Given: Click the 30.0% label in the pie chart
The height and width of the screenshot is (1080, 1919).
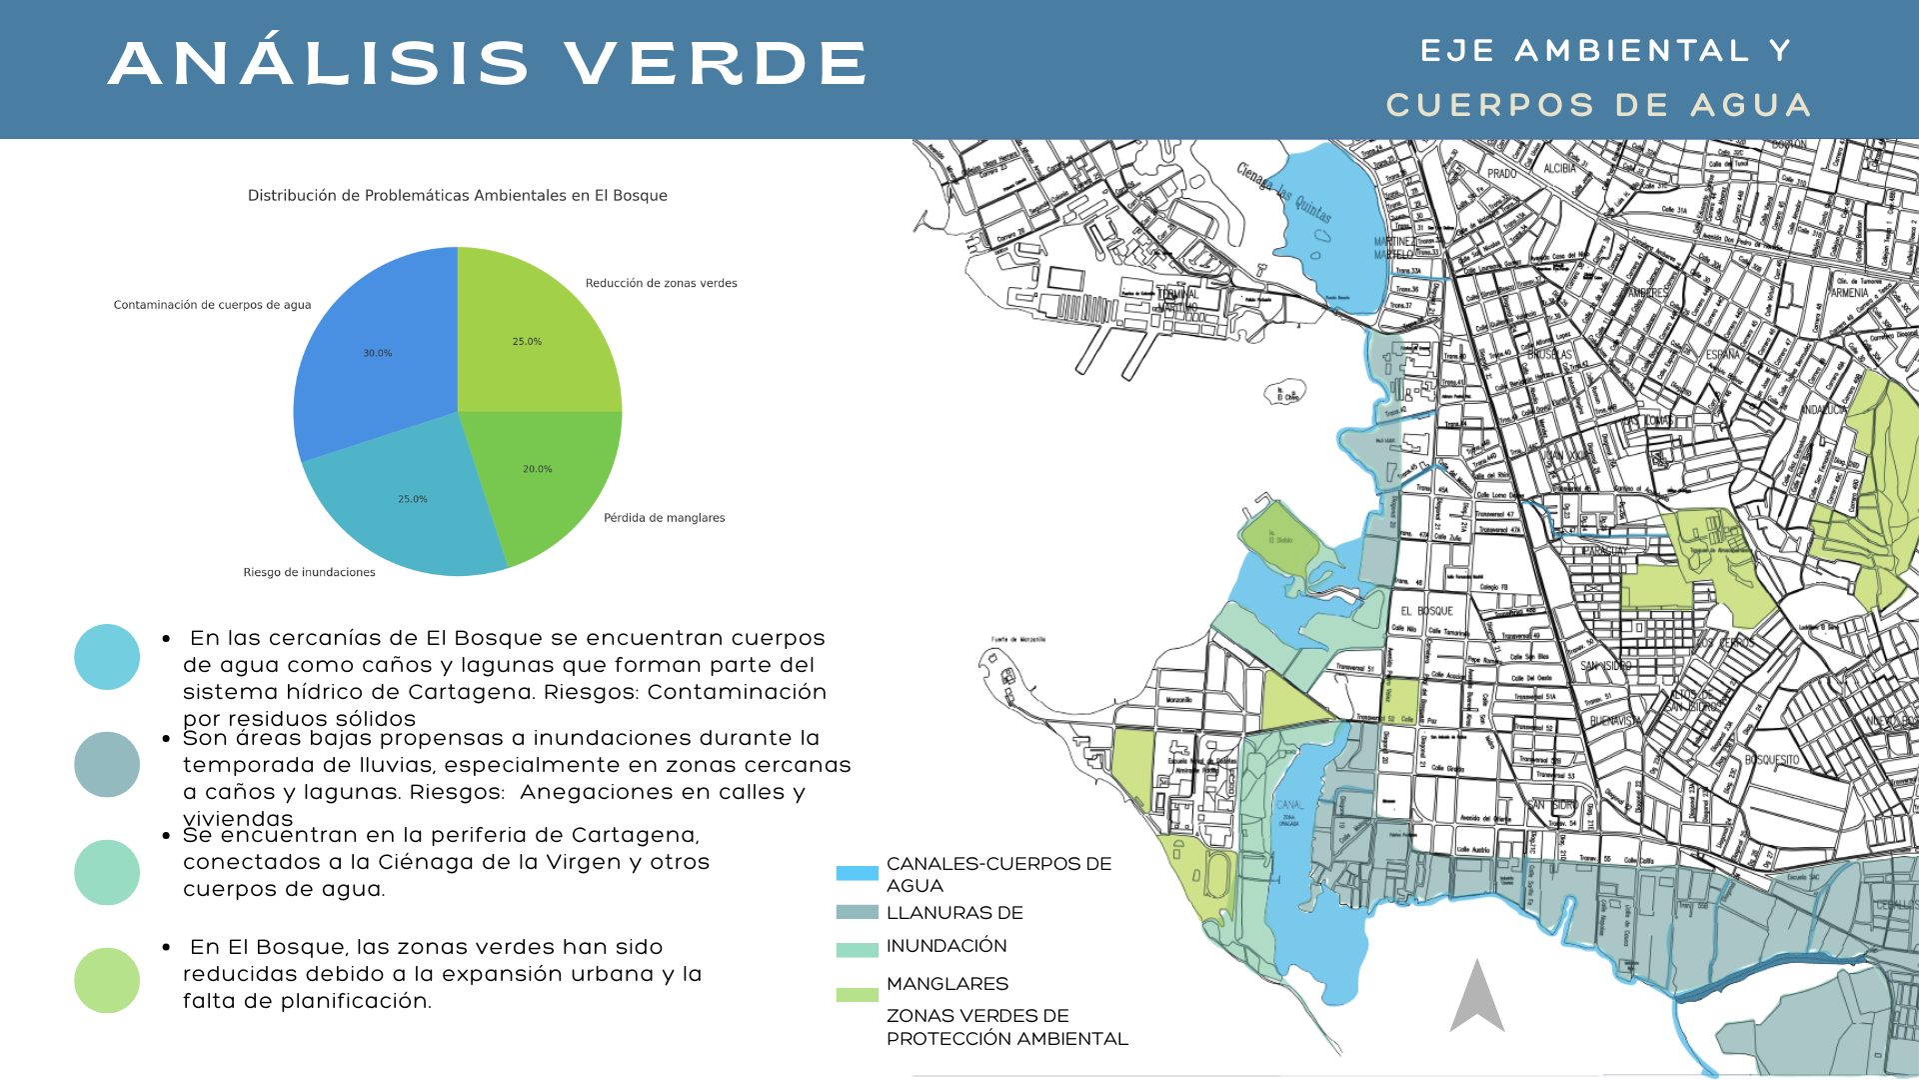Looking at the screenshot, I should [x=377, y=353].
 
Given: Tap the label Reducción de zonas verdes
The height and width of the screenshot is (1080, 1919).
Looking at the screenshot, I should [x=661, y=283].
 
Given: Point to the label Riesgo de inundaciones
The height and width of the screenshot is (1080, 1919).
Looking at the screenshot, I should [x=309, y=572].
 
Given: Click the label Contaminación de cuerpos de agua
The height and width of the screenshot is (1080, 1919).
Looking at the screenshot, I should [x=212, y=305].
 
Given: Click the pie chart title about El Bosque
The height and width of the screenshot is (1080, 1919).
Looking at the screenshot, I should [x=457, y=195].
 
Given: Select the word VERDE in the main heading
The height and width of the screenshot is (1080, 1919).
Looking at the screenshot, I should [x=716, y=63].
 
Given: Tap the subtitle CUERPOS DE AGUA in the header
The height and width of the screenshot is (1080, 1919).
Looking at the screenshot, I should [x=1598, y=105].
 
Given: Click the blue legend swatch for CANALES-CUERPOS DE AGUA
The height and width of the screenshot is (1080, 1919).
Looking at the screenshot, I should [x=857, y=873].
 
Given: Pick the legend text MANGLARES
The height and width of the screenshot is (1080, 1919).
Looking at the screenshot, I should [x=947, y=983].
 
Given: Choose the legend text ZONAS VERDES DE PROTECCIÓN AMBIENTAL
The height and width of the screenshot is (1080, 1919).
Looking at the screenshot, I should [x=1005, y=1027].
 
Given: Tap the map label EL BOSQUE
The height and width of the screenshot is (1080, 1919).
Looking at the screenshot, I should [x=1426, y=610].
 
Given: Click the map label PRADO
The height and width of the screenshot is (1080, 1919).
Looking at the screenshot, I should [x=1501, y=174].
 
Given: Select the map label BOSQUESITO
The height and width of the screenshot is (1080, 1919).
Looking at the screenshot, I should [x=1771, y=760].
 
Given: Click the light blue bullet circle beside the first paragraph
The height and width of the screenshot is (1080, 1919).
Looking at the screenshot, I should [x=107, y=657].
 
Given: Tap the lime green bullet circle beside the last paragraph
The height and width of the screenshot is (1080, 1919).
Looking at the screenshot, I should [x=107, y=980].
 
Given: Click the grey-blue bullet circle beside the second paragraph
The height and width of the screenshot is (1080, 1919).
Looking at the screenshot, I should [x=107, y=764].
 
